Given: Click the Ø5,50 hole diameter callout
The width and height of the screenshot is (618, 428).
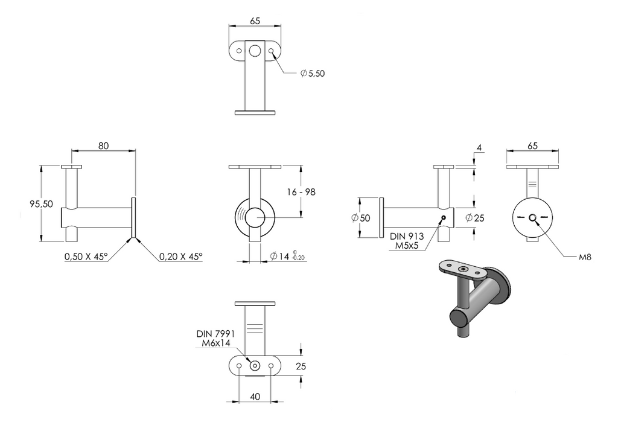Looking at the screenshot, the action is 313,73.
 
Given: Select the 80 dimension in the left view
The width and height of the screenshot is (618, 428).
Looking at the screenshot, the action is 103,146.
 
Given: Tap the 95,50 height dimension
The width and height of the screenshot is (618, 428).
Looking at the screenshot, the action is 42,204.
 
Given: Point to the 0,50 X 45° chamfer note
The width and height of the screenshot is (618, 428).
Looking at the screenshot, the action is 86,257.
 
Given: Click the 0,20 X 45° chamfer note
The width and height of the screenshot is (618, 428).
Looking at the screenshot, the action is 181,257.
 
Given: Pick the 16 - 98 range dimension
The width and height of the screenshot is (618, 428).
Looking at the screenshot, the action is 301,192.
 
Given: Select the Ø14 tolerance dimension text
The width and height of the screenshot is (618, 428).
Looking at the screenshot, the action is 287,256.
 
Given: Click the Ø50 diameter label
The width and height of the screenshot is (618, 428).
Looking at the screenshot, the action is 361,218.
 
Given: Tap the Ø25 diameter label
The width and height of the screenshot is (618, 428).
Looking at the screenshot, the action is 474,217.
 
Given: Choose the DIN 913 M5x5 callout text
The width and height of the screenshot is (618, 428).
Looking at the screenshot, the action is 407,241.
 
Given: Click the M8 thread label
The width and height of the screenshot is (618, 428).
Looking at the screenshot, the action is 585,257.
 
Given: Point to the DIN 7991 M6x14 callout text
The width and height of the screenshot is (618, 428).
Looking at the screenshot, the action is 215,339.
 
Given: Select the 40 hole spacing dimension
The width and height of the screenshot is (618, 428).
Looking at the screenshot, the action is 255,397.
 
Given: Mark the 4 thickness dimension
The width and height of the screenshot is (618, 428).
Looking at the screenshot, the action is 479,148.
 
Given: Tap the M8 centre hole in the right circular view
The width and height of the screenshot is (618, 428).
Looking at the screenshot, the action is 532,217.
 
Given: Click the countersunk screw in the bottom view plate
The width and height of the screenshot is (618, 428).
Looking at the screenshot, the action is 255,366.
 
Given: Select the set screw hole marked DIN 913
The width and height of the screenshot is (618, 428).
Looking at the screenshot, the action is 444,217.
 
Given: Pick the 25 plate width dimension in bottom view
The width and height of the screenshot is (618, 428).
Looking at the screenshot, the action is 301,366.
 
